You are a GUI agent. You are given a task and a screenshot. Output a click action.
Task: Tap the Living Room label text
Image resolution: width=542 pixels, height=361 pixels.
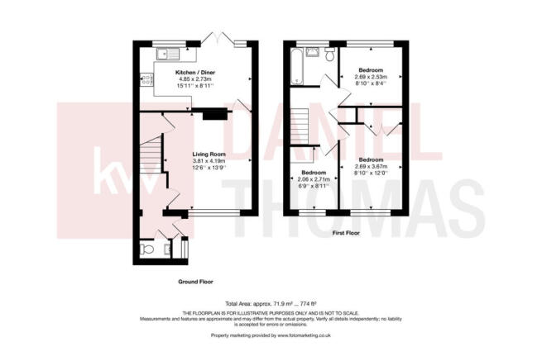(210, 154)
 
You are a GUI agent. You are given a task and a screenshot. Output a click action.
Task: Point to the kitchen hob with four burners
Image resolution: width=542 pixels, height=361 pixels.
(147, 80)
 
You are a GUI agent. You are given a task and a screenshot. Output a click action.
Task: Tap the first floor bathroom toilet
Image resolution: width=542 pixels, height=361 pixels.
(329, 55)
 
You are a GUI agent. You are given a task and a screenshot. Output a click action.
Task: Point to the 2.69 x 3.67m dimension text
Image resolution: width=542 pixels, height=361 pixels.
(371, 166)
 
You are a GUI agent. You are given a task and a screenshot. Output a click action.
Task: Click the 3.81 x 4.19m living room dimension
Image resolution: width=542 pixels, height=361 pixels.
(210, 161)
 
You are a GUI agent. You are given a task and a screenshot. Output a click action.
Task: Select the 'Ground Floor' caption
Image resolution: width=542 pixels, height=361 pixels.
(196, 282)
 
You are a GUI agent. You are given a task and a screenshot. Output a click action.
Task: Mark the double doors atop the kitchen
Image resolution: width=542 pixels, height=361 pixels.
(222, 39)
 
